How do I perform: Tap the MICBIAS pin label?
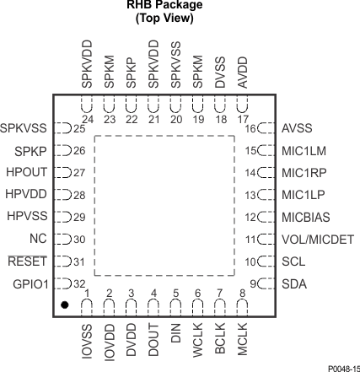point(306,217)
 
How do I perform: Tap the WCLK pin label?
point(198,332)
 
